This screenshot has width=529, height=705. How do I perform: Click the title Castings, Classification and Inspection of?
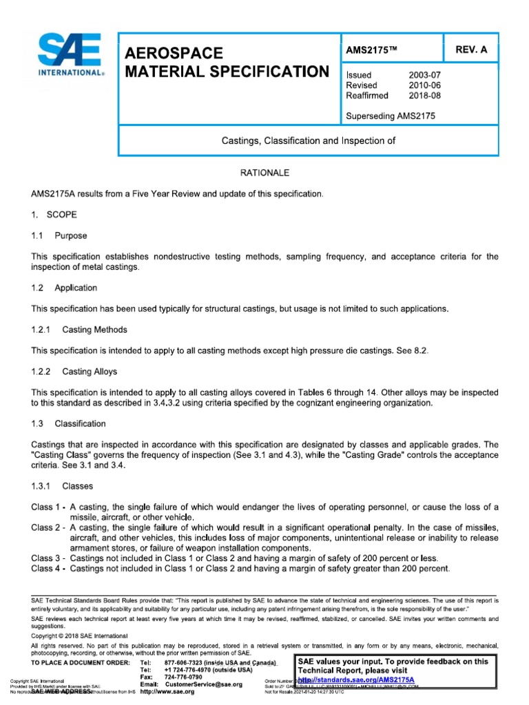(x=307, y=140)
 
